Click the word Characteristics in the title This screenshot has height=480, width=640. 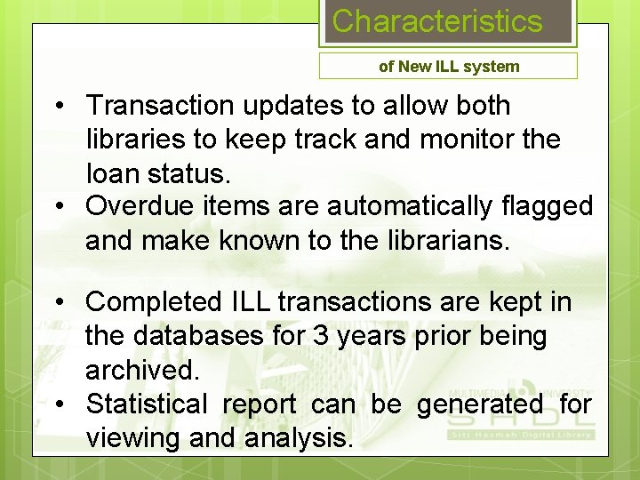click(x=436, y=21)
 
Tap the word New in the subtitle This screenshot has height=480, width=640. click(x=414, y=67)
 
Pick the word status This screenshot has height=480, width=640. click(x=196, y=172)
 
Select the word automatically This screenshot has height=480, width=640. click(x=418, y=206)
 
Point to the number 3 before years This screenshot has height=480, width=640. click(x=321, y=337)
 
